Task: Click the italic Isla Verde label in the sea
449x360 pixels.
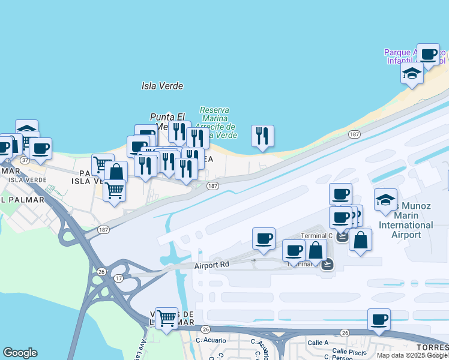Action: [x=162, y=86]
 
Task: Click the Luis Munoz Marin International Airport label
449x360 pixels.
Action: [x=406, y=220]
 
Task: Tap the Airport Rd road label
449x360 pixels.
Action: [x=212, y=264]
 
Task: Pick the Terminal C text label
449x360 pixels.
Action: [x=316, y=236]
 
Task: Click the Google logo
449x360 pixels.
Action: [x=20, y=353]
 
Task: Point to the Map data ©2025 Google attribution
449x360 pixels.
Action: [x=412, y=355]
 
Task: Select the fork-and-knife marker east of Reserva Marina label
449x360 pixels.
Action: [x=262, y=136]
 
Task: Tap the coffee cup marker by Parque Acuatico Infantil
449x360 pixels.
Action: [x=428, y=55]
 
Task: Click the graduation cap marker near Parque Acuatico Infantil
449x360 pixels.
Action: [x=412, y=73]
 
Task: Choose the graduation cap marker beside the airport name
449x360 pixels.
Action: [x=385, y=200]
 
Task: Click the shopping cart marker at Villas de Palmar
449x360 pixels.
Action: [x=166, y=317]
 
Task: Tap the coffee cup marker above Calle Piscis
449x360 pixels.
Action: [x=379, y=320]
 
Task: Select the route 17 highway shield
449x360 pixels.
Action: [x=119, y=278]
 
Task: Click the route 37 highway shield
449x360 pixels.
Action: [x=25, y=160]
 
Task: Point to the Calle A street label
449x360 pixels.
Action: [x=318, y=343]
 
